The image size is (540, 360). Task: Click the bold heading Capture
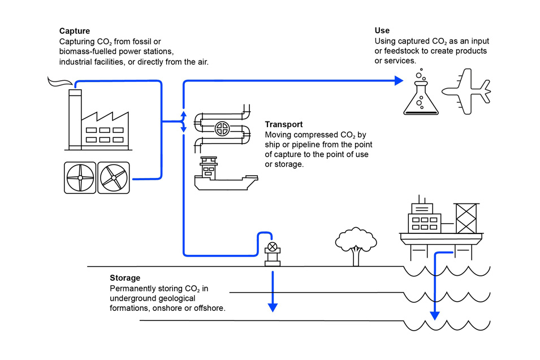click(x=75, y=31)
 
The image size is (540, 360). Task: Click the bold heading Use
click(x=382, y=31)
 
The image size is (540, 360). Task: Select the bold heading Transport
click(x=284, y=124)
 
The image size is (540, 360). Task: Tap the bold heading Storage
click(x=125, y=278)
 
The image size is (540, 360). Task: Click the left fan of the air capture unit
click(x=80, y=178)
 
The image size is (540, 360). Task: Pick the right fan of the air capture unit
click(x=114, y=178)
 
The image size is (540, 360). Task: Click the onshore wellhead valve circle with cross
click(x=273, y=246)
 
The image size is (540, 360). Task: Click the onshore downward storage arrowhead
click(x=273, y=307)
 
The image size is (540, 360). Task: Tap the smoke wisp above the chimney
click(x=57, y=84)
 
